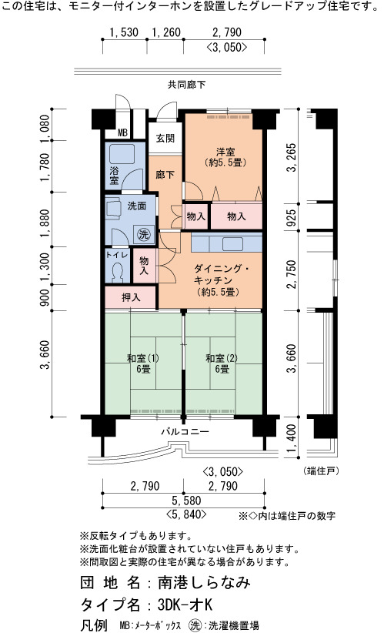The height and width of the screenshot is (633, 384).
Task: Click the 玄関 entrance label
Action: [x=165, y=138]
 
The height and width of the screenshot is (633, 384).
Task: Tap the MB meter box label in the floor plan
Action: [x=122, y=133]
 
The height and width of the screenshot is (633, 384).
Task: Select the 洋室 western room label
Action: [x=225, y=152]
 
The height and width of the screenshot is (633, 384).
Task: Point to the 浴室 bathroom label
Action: [x=114, y=175]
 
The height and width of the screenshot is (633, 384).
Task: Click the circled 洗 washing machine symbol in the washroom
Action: [x=144, y=235]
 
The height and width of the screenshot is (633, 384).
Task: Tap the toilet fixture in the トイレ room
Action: [x=118, y=272]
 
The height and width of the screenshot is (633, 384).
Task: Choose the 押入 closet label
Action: [x=131, y=297]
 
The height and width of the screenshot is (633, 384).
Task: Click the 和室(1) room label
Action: [x=143, y=359]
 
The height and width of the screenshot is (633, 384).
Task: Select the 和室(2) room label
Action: [x=222, y=359]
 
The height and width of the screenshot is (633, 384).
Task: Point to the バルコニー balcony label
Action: [x=185, y=431]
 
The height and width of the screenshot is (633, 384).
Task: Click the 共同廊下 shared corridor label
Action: [x=187, y=85]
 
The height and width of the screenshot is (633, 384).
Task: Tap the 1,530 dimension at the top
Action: [x=124, y=32]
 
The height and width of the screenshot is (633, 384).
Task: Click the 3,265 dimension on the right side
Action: [x=292, y=157]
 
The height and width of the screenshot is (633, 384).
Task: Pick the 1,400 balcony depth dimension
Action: [x=292, y=438]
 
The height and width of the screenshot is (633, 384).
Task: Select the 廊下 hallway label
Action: [x=165, y=175]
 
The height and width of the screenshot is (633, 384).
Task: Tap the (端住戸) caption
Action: [x=321, y=471]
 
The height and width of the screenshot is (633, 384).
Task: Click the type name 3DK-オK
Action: [x=185, y=605]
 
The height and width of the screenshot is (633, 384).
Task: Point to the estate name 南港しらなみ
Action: [x=204, y=582]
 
